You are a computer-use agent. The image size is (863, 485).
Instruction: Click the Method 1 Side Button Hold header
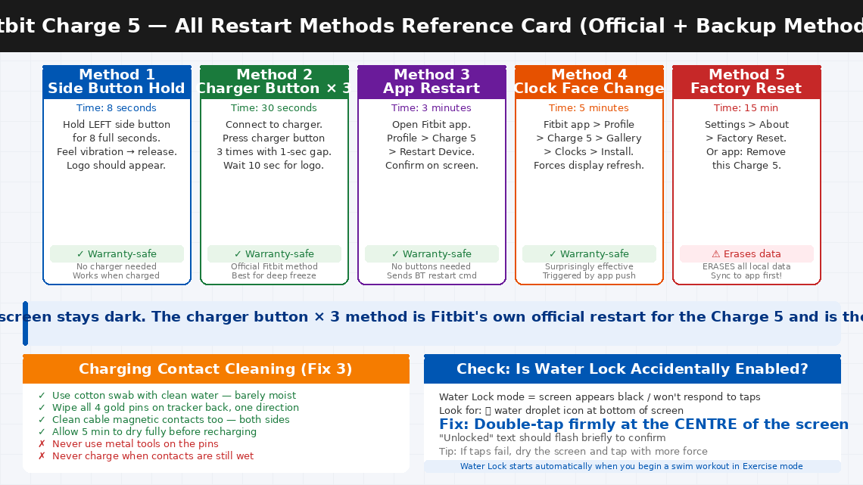[x=117, y=82]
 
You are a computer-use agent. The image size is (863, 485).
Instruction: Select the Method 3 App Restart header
[x=431, y=82]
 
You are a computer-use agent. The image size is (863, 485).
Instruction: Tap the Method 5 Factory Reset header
[x=746, y=82]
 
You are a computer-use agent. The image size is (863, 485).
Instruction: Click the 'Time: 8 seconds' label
[x=117, y=108]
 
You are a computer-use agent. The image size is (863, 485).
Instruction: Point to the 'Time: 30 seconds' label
[x=274, y=108]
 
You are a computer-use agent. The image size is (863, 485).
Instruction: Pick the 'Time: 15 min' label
[x=746, y=108]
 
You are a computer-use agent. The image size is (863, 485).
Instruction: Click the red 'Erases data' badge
[x=746, y=254]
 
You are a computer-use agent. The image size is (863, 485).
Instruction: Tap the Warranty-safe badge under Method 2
[x=274, y=254]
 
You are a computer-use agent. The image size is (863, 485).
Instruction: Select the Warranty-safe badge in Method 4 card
[x=589, y=254]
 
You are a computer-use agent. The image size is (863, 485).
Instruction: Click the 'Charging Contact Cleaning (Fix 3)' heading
[x=216, y=369]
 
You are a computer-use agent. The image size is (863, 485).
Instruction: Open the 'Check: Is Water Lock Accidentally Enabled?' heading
[x=632, y=369]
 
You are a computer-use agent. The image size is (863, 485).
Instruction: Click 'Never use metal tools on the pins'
[x=135, y=444]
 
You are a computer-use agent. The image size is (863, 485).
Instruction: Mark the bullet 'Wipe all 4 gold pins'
[x=175, y=408]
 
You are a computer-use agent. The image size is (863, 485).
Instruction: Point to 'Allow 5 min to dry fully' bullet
[x=154, y=432]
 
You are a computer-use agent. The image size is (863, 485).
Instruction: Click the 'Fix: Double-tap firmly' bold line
[x=643, y=424]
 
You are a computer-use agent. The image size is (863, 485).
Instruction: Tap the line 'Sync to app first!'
[x=746, y=275]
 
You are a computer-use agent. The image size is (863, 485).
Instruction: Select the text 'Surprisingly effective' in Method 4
[x=589, y=266]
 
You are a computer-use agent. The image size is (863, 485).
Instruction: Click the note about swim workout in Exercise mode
[x=631, y=467]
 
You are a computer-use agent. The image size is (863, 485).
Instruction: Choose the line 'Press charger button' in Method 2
[x=274, y=138]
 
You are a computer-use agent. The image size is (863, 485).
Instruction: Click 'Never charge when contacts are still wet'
[x=152, y=456]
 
